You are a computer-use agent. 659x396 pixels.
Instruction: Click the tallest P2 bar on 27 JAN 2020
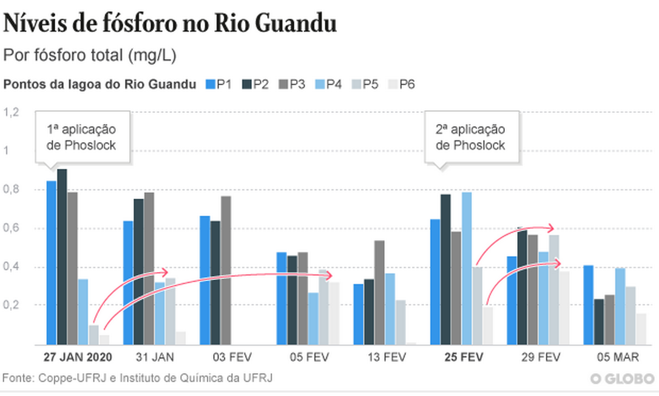pyautogui.click(x=62, y=255)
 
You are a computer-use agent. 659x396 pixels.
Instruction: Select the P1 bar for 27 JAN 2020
pyautogui.click(x=52, y=261)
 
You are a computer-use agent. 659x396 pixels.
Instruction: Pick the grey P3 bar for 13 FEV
pyautogui.click(x=379, y=292)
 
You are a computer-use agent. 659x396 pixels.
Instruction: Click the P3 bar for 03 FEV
pyautogui.click(x=226, y=270)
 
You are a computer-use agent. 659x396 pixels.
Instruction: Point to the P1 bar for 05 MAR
pyautogui.click(x=588, y=304)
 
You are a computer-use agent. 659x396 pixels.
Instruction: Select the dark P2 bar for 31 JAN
pyautogui.click(x=138, y=271)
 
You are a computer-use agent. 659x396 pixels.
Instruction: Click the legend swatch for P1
pyautogui.click(x=211, y=84)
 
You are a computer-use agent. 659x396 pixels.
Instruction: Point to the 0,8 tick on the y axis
pyautogui.click(x=12, y=189)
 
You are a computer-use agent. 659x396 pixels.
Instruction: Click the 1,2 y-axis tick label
pyautogui.click(x=12, y=112)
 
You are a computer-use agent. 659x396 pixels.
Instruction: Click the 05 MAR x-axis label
pyautogui.click(x=615, y=357)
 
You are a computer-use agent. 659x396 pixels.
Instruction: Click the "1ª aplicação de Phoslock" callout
pyautogui.click(x=81, y=137)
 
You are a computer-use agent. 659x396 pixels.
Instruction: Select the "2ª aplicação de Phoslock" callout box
pyautogui.click(x=471, y=137)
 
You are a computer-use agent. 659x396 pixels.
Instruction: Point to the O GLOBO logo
pyautogui.click(x=623, y=378)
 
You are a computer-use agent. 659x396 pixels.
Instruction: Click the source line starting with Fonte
pyautogui.click(x=137, y=378)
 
